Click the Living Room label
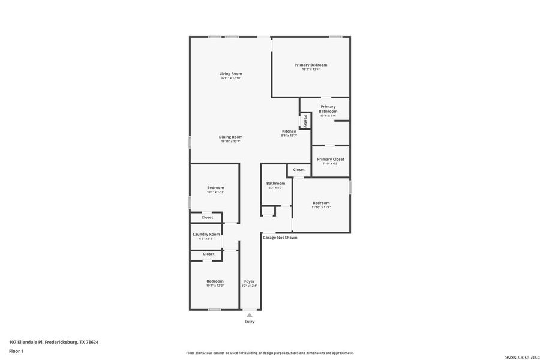coord(230,73)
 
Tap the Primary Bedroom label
coord(310,65)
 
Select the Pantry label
coord(305,121)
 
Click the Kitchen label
coord(289,131)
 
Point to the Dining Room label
coord(230,137)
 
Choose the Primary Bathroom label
coord(328,109)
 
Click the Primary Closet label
coord(331,159)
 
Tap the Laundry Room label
coord(206,234)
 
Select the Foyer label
coord(249,281)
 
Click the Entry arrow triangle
coord(250,315)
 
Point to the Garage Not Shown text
coord(280,238)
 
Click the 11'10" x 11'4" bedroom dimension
coord(321,208)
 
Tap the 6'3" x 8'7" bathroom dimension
coord(276,188)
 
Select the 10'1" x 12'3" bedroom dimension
coord(215,192)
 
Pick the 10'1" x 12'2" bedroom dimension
coord(215,286)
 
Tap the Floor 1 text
coord(16,351)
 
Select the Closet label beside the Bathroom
coord(299,170)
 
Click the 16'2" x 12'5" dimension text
coord(310,70)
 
